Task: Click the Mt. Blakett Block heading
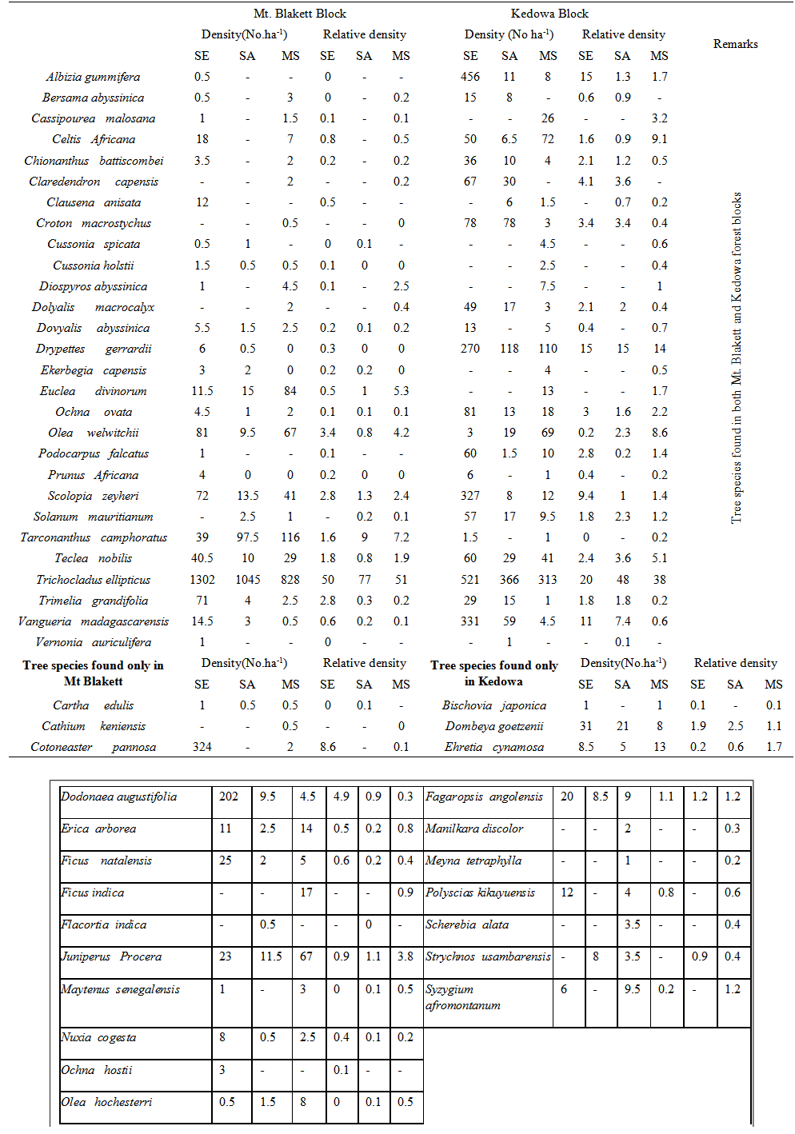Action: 300,14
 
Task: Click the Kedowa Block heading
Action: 549,14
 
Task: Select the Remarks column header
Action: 735,44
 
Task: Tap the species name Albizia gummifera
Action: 93,77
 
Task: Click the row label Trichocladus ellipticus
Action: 93,580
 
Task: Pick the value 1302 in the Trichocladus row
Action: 202,580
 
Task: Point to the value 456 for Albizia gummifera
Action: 470,77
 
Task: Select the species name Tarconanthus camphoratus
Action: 93,537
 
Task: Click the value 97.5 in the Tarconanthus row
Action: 248,537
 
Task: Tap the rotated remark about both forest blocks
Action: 737,358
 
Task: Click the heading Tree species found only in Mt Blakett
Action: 93,673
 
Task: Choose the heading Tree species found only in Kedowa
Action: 493,673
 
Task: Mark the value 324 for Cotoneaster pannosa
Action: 202,747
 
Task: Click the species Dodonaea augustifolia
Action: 118,797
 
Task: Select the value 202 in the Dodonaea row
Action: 229,797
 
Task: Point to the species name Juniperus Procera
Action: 111,956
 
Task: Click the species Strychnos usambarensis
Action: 488,956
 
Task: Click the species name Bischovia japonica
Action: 493,705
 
